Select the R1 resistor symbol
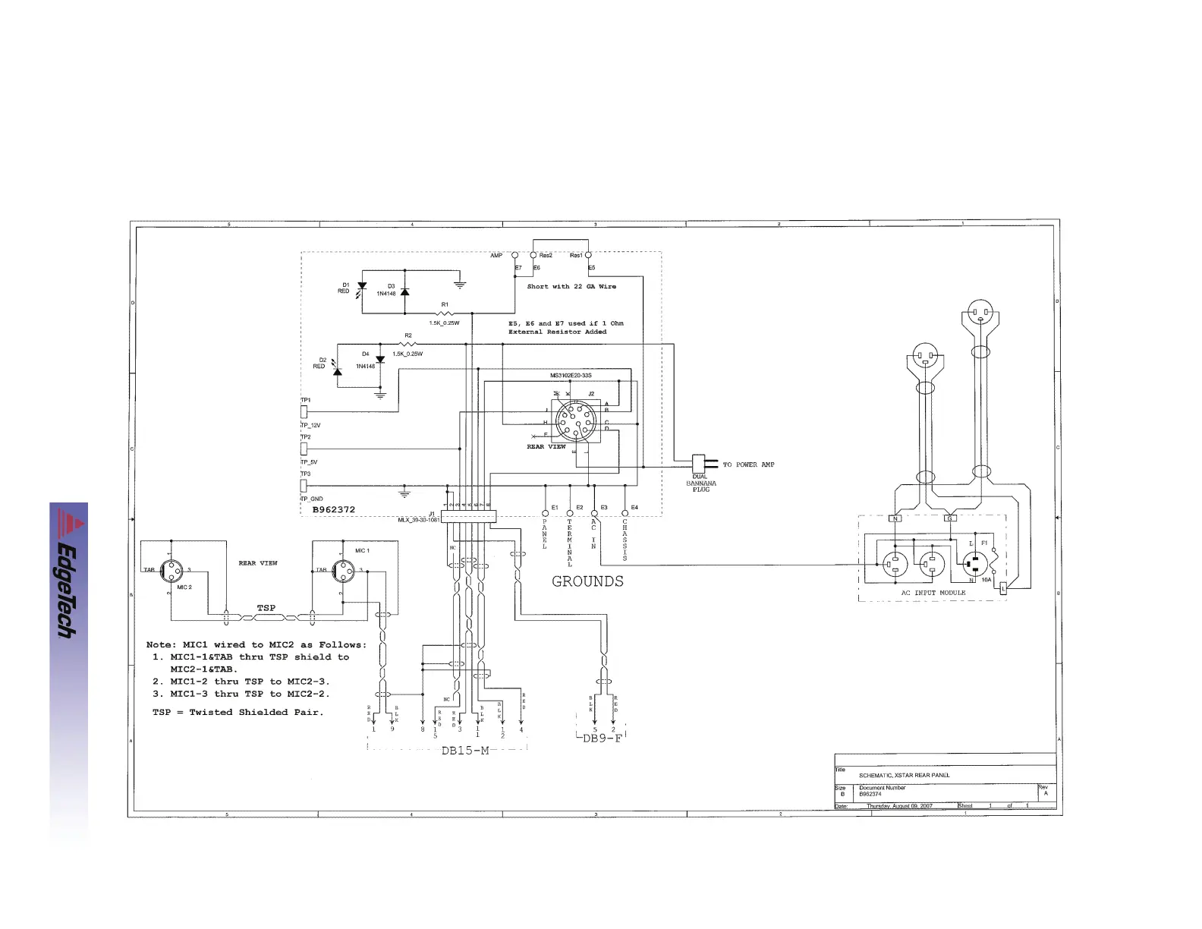[x=445, y=313]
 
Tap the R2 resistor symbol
[x=408, y=344]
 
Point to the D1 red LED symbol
[x=362, y=287]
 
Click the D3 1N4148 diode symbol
[x=404, y=291]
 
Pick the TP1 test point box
[x=304, y=412]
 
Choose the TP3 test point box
[x=304, y=486]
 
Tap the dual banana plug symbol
[x=700, y=463]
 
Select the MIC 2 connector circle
[x=173, y=570]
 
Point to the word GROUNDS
[x=587, y=581]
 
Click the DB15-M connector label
[x=465, y=751]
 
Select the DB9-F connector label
[x=602, y=738]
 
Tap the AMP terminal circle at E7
[x=515, y=256]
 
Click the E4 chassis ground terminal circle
[x=625, y=514]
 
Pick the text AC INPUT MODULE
[x=933, y=593]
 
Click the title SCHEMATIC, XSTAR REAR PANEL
[x=904, y=775]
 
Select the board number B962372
[x=334, y=509]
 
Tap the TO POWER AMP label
[x=748, y=464]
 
